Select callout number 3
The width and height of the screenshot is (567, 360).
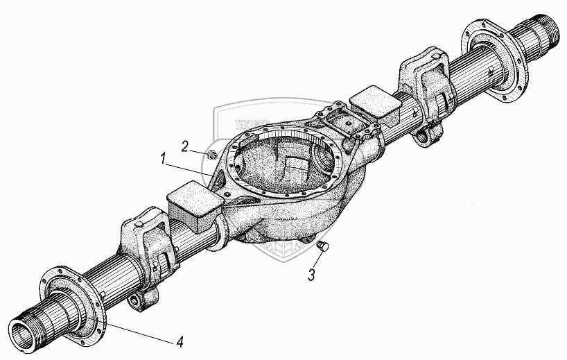coord(312,275)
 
